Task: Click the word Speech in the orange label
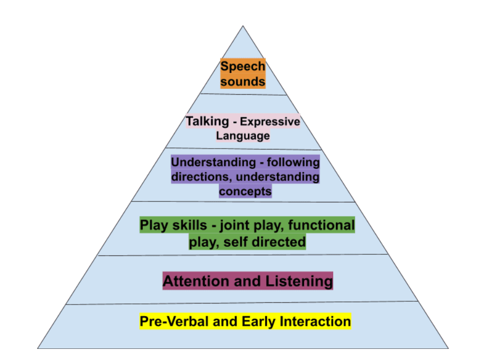243,67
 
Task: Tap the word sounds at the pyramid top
243,81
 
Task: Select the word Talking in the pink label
207,122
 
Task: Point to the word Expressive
270,122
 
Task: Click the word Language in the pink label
243,136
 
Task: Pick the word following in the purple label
293,162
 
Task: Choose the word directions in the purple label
202,177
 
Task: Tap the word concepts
245,192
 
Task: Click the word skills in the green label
189,225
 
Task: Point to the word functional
322,225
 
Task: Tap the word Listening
299,281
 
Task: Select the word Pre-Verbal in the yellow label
174,321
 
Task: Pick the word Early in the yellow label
259,321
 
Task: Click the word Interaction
315,321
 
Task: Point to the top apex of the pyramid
243,26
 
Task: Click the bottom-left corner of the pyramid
38,348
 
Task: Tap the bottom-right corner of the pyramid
449,348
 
